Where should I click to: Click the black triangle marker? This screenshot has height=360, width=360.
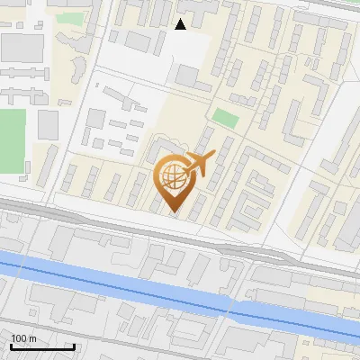coord(180,24)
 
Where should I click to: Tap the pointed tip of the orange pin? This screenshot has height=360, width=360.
coord(175,212)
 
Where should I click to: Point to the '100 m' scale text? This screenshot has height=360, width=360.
coord(24,338)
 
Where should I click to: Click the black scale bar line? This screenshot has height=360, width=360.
coord(41,346)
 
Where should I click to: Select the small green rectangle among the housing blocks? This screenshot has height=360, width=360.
coord(225,118)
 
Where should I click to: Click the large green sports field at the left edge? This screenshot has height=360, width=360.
coord(11,139)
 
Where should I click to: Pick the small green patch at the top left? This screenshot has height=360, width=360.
coord(67,17)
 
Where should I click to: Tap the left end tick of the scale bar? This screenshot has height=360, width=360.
coord(11,345)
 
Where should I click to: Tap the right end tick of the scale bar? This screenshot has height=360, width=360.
coord(73,345)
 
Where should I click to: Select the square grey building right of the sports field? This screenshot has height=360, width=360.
coord(48,123)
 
